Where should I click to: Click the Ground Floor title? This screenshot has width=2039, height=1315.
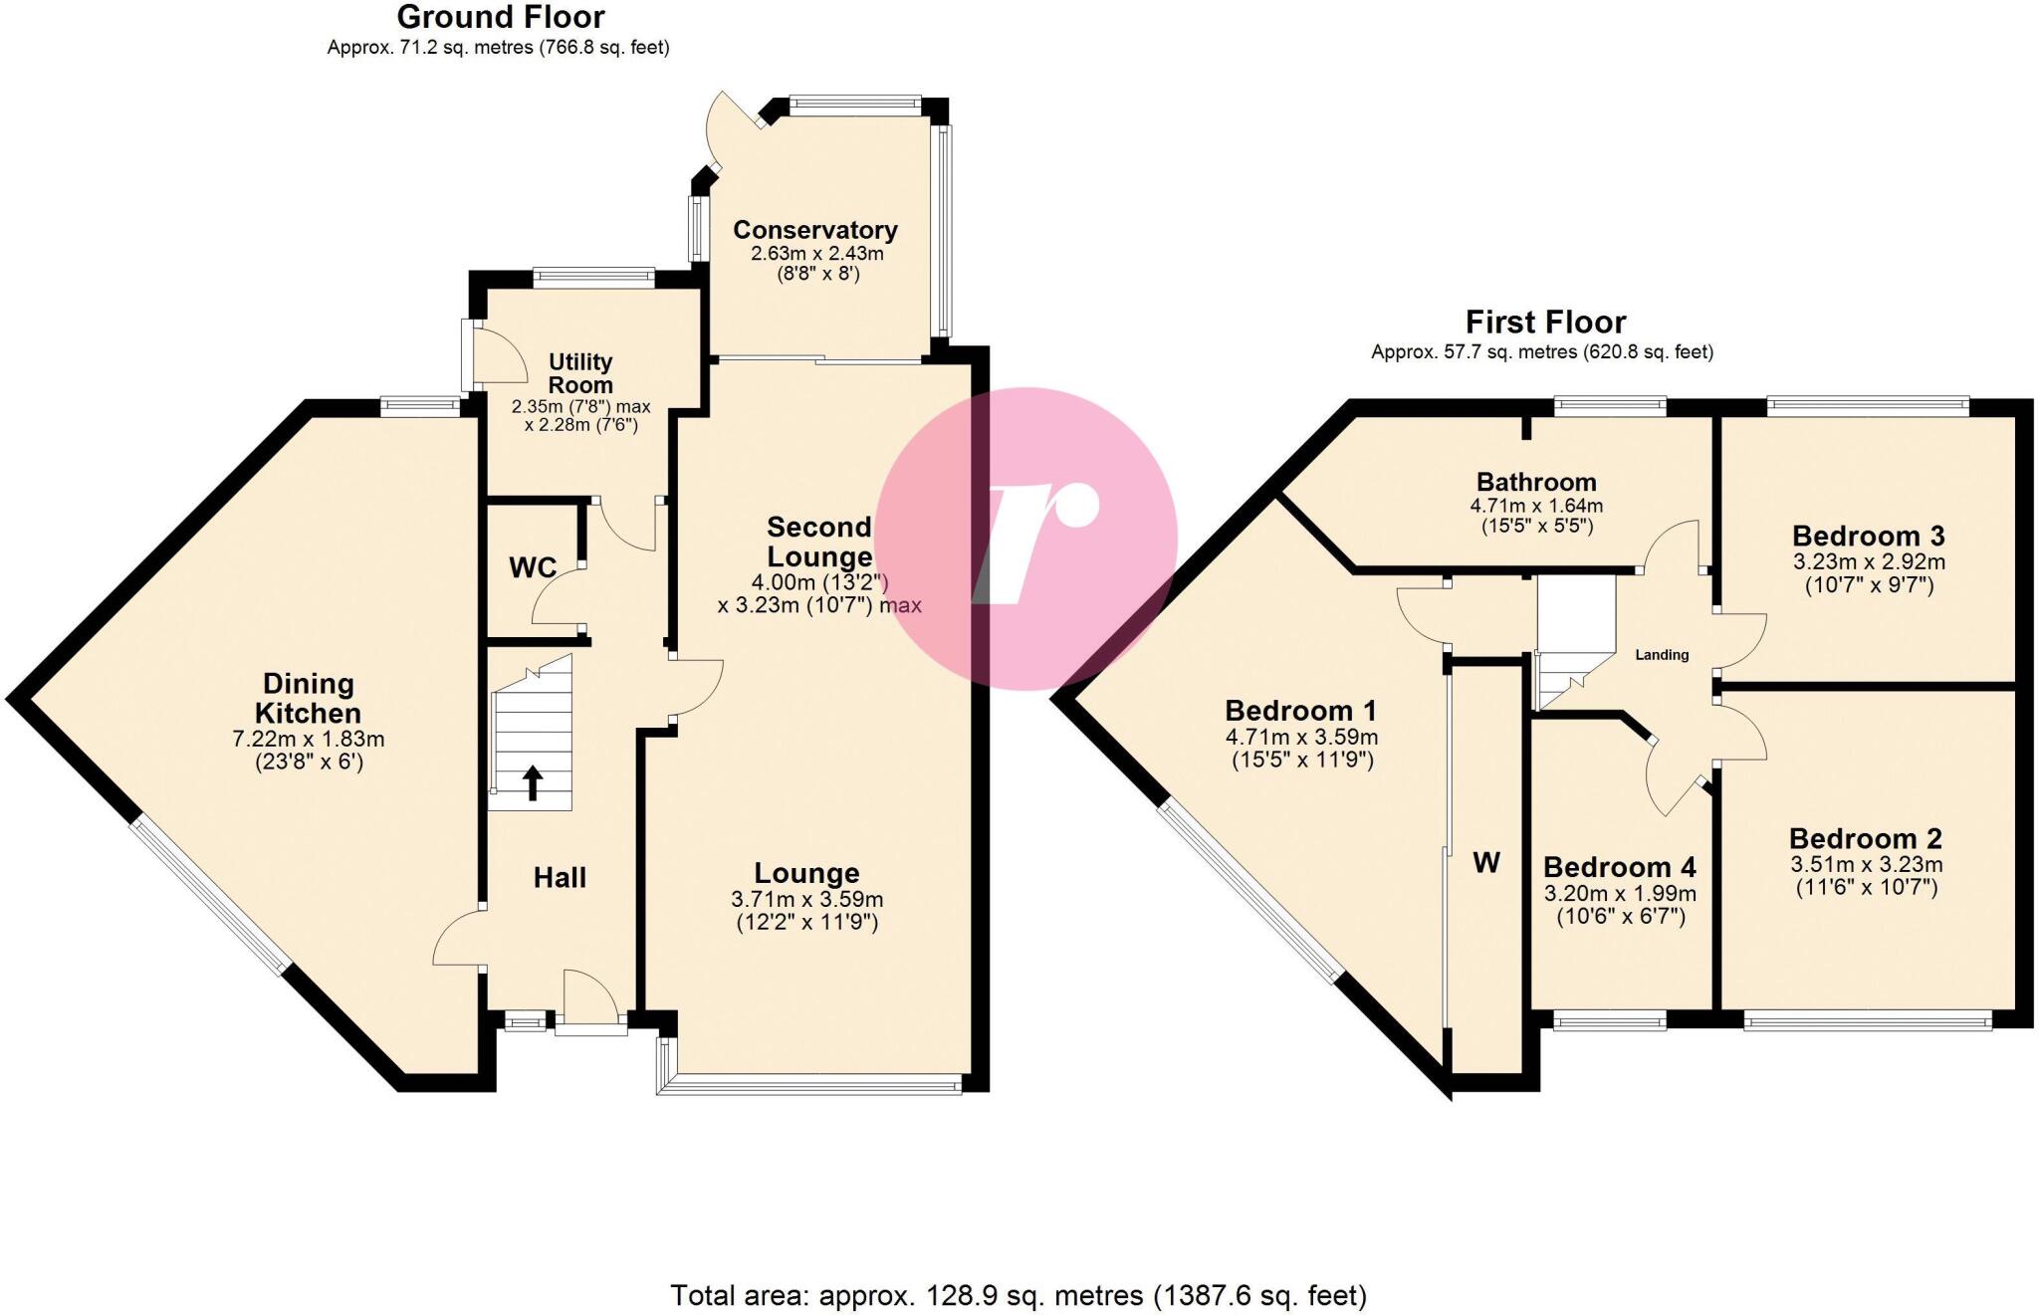pos(501,17)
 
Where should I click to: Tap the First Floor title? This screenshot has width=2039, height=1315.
pos(1545,322)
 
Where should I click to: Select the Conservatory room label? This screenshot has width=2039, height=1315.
pos(815,230)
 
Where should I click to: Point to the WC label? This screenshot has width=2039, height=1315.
pos(533,567)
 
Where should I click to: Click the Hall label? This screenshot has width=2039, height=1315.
pos(560,877)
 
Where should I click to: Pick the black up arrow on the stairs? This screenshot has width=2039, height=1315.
pos(533,782)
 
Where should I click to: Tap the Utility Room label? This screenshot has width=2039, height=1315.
pos(580,373)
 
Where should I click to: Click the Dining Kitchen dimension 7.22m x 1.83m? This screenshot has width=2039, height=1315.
pos(309,740)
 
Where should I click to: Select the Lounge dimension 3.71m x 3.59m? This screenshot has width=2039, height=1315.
pos(807,899)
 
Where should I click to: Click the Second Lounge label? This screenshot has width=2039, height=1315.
pos(819,542)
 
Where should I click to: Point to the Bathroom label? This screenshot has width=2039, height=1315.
pos(1536,482)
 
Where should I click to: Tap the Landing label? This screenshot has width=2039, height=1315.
pos(1662,655)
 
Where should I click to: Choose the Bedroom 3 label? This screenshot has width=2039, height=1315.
pos(1869,537)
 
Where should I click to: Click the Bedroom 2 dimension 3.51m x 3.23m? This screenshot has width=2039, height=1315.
pos(1867,865)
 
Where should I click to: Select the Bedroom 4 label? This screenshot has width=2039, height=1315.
pos(1620,867)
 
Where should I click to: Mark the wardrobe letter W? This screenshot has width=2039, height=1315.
pos(1486,862)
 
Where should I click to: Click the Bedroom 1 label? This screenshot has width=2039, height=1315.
pos(1300,711)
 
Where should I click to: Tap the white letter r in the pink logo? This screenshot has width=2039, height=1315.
pos(1035,543)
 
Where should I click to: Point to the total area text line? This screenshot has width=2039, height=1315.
pos(1019,1295)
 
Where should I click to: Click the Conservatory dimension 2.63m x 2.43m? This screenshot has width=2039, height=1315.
pos(817,254)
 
